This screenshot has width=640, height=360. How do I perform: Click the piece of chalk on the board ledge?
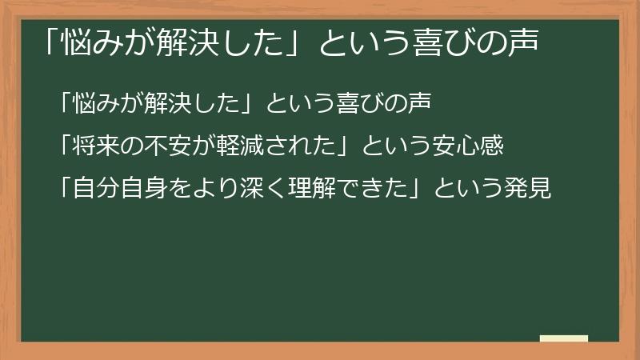click(x=563, y=338)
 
